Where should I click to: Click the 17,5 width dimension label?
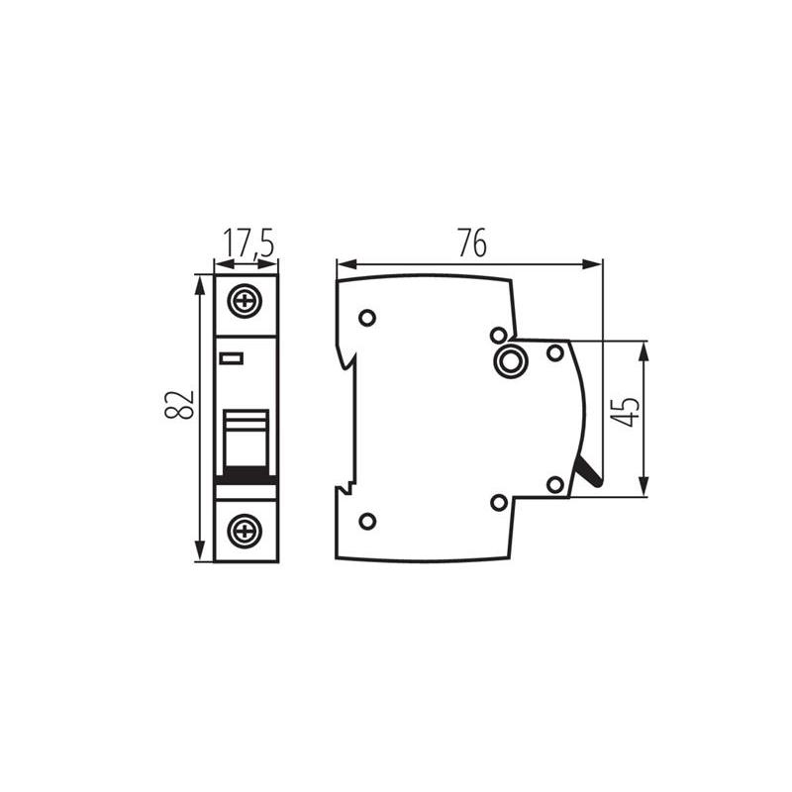click(248, 243)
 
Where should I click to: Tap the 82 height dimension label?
click(179, 404)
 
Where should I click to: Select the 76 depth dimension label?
click(473, 243)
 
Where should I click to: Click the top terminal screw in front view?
click(245, 302)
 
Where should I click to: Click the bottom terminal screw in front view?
click(245, 531)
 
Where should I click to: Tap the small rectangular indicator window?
click(232, 358)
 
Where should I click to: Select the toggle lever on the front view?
click(246, 439)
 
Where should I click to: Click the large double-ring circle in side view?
click(510, 360)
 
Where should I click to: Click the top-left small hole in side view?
click(367, 318)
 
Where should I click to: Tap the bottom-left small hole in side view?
click(367, 521)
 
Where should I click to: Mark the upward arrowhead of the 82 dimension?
click(201, 285)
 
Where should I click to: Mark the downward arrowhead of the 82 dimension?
click(201, 550)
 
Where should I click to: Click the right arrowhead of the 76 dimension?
click(592, 264)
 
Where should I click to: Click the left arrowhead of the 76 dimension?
click(347, 264)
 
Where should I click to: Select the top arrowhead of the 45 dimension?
click(643, 352)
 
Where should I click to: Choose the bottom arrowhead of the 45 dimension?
click(643, 486)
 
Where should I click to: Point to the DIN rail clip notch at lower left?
click(346, 488)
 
